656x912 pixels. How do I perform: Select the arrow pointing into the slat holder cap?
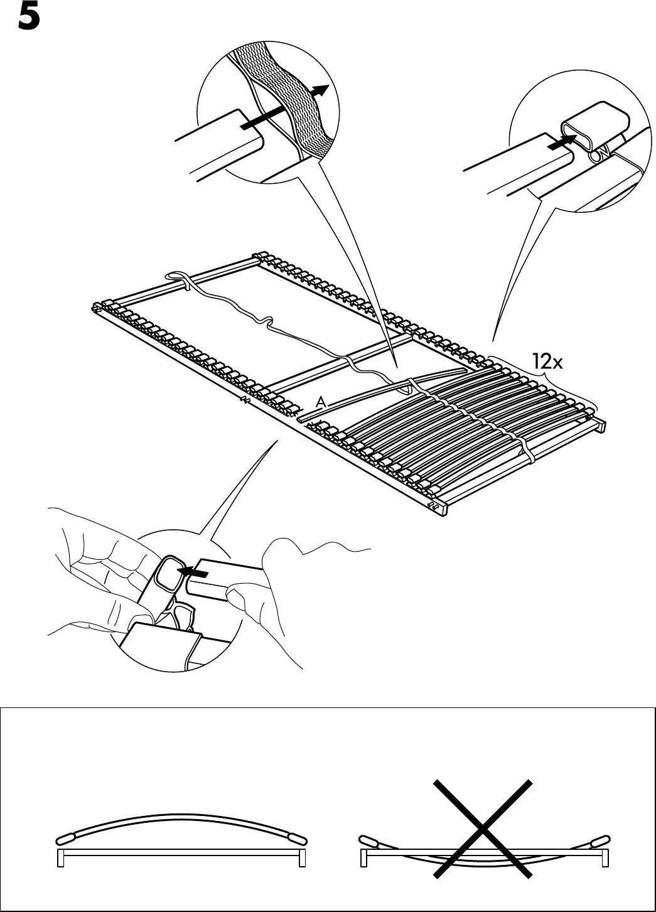pos(561,142)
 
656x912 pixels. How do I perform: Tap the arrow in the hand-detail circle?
pos(193,572)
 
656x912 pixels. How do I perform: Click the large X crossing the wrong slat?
pos(482,829)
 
